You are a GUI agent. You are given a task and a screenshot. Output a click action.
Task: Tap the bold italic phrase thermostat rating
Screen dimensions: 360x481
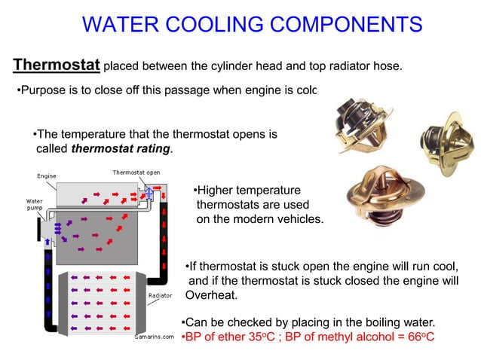(121, 148)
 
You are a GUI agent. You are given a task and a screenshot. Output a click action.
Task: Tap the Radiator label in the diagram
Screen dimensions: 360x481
(161, 295)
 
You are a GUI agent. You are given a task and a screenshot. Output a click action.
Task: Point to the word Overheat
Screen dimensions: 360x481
(211, 294)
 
